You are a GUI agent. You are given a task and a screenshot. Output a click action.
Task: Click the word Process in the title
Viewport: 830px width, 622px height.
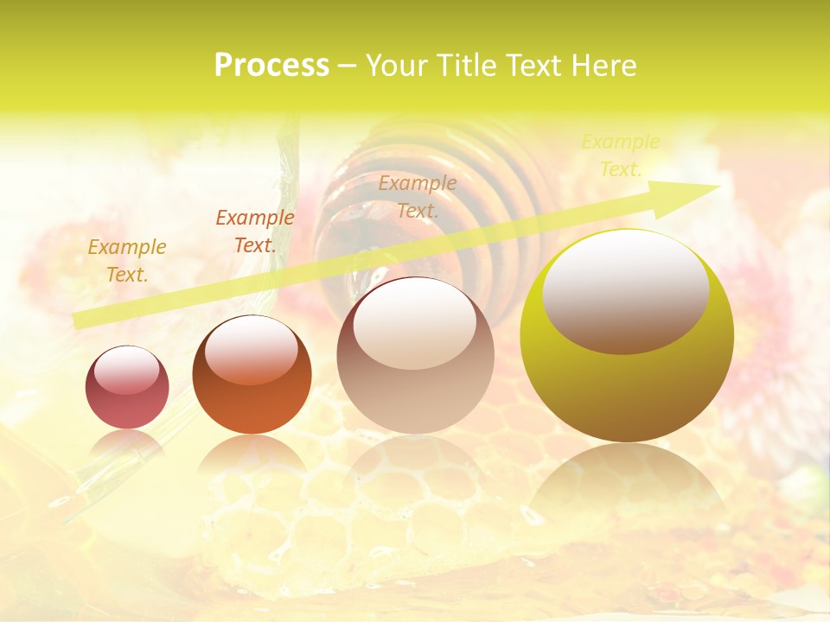click(x=271, y=66)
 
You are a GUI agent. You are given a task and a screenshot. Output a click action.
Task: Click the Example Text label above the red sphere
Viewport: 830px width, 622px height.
click(x=127, y=261)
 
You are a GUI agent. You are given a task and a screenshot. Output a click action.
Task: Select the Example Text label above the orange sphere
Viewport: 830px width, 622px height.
click(x=255, y=232)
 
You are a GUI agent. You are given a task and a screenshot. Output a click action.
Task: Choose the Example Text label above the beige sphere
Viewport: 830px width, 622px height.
click(x=418, y=196)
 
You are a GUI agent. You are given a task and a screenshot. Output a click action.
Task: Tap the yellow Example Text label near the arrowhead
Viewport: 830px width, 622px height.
click(x=621, y=155)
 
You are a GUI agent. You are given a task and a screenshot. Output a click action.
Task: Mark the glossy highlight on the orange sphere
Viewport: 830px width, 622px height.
click(x=252, y=350)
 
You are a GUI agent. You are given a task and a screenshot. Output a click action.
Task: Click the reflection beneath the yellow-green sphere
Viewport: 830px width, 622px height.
click(x=627, y=484)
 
